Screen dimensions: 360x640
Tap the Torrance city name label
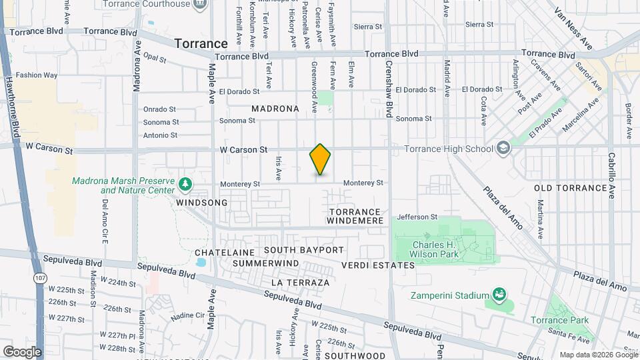[x=201, y=43]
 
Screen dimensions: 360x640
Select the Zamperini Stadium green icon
[x=498, y=294]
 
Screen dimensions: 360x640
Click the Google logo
[x=22, y=351]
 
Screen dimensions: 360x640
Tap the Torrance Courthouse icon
[x=199, y=5]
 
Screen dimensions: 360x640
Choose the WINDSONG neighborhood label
[x=202, y=202]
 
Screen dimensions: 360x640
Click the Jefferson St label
[x=417, y=217]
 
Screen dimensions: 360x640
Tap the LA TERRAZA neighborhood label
[x=300, y=283]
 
